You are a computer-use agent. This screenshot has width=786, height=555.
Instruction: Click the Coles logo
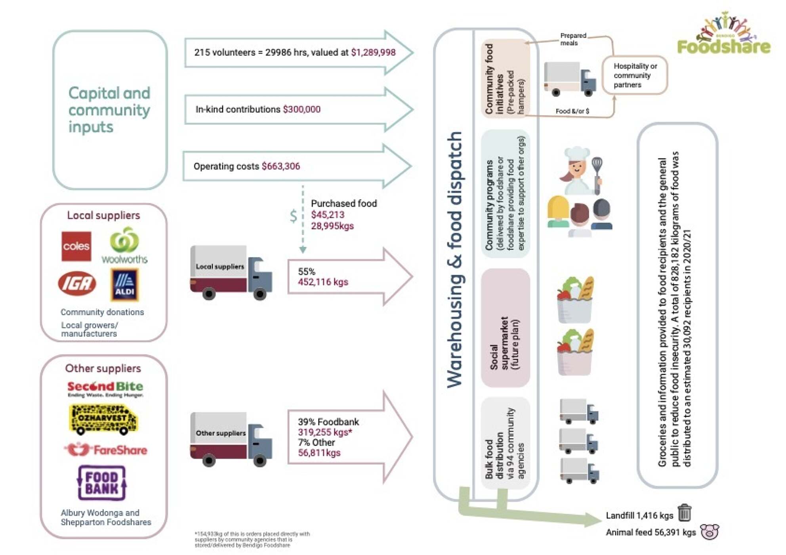[x=76, y=246]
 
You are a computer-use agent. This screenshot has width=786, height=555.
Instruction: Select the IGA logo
[x=77, y=283]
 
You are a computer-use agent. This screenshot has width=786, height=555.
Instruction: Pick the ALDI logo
[x=125, y=285]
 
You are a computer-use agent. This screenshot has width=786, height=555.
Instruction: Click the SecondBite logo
[x=105, y=389]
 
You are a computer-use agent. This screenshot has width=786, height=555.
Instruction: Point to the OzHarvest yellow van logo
[x=103, y=419]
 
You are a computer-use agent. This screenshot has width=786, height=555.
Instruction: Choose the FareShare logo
[x=105, y=450]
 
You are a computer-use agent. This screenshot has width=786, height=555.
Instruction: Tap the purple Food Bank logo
[x=102, y=483]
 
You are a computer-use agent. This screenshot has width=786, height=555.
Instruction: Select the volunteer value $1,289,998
[x=373, y=53]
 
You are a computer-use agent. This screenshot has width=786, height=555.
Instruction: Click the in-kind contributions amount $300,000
[x=301, y=109]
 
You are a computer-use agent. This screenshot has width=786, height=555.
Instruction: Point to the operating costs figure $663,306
[x=281, y=166]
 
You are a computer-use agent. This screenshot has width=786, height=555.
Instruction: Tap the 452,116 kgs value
[x=323, y=282]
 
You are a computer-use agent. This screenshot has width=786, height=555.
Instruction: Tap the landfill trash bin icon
[x=684, y=513]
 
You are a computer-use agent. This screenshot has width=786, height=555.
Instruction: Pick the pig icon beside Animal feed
[x=710, y=532]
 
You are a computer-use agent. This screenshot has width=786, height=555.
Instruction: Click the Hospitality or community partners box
[x=635, y=75]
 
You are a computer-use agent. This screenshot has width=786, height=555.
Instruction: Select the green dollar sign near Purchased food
[x=293, y=216]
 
